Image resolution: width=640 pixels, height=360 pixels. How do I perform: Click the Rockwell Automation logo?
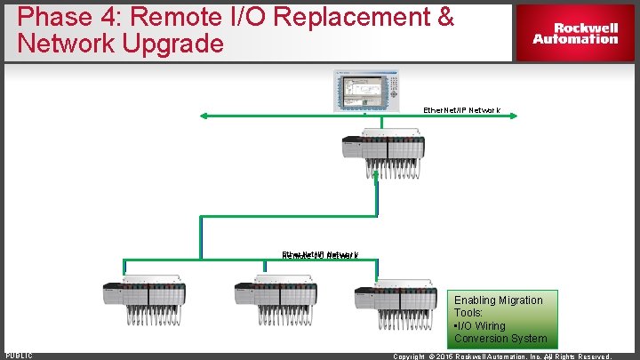[x=575, y=33]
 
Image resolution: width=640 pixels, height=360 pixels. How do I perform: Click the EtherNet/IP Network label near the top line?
[x=461, y=110]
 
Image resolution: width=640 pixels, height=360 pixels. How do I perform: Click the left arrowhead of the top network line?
[x=204, y=115]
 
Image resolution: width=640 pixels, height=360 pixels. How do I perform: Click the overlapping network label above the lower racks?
[x=320, y=255]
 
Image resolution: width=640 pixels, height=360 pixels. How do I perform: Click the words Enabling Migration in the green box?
[x=498, y=300]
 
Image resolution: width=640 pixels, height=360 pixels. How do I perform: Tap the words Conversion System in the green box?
[x=500, y=339]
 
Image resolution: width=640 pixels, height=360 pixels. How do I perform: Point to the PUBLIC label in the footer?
[x=19, y=356]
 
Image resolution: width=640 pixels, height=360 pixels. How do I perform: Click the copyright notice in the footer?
[x=502, y=356]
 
